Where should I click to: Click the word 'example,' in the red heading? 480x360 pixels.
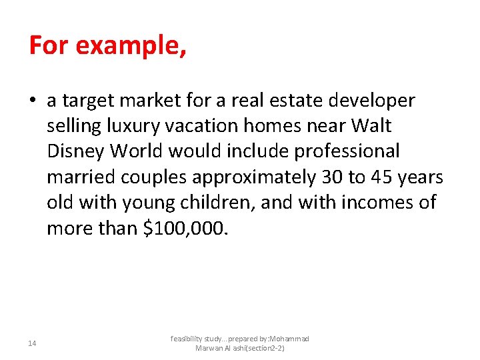[x=131, y=46]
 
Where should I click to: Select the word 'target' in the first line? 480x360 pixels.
[x=89, y=101]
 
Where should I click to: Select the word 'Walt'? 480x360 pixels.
[x=369, y=126]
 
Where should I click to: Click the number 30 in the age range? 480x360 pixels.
[x=328, y=177]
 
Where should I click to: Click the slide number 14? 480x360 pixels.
[x=33, y=343]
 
